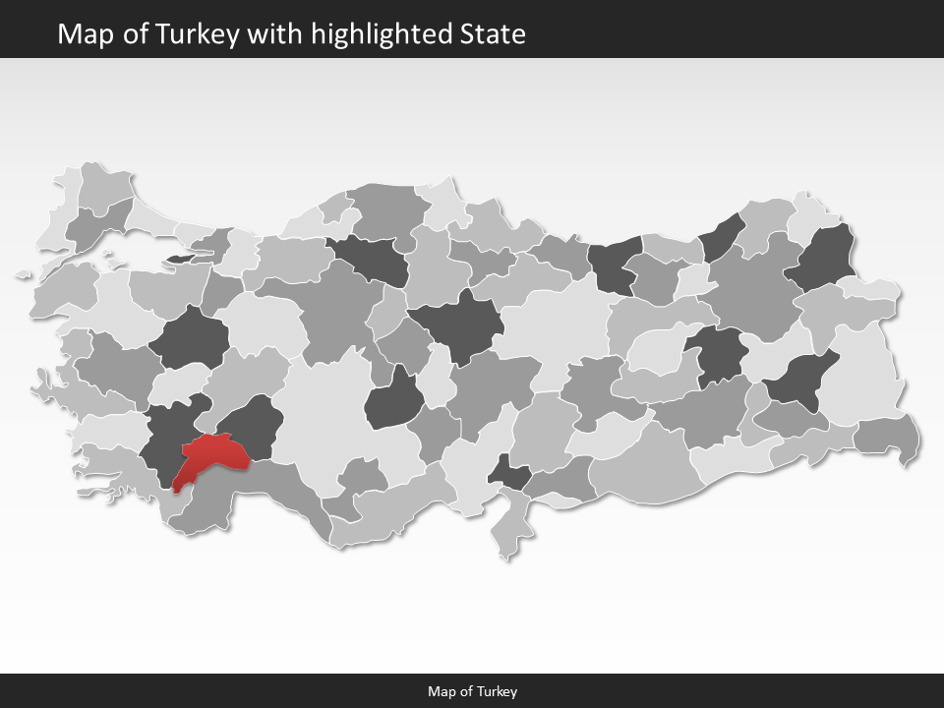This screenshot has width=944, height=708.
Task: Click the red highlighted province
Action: pos(214,454)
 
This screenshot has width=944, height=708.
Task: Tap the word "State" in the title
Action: pos(493,34)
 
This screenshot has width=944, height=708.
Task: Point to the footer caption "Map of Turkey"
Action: pos(472,691)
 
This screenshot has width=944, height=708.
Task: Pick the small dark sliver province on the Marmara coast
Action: pos(183,259)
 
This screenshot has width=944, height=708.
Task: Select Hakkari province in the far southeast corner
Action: pos(887,437)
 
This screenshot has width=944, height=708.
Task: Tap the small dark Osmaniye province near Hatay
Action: pos(510,475)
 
